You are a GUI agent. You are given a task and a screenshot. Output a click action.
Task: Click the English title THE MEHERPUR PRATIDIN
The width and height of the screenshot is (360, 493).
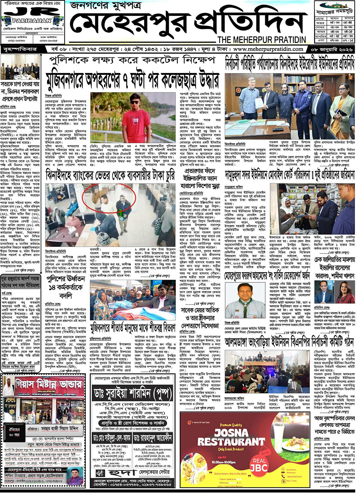click(262, 40)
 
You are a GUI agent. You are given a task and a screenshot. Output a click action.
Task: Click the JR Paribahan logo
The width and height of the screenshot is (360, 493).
click(32, 17)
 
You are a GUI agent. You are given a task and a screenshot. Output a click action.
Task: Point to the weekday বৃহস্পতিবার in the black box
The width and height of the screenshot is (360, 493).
click(20, 49)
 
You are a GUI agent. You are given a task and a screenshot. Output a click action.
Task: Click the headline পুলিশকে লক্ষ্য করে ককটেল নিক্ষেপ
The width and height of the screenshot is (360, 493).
click(132, 60)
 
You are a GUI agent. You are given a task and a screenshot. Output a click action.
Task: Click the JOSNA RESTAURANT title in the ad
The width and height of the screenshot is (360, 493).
click(231, 437)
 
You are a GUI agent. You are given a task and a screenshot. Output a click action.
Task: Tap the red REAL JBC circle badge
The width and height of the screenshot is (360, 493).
click(259, 464)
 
